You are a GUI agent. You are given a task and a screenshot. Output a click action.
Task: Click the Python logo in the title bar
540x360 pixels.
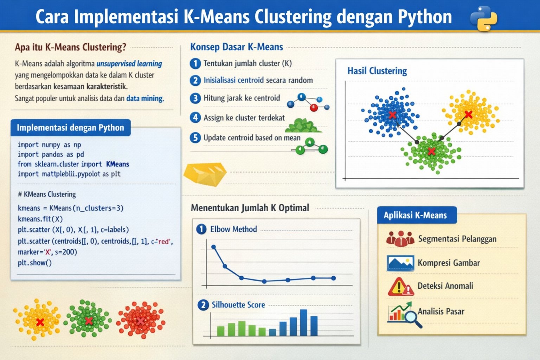tap(484, 18)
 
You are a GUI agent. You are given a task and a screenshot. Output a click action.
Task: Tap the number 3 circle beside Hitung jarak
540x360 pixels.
tap(195, 98)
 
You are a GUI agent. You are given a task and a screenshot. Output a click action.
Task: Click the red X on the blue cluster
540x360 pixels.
tap(392, 115)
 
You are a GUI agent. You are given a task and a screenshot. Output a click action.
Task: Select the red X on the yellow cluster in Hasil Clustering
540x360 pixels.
tap(468, 114)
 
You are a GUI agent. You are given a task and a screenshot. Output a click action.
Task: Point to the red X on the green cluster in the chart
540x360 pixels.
tap(431, 151)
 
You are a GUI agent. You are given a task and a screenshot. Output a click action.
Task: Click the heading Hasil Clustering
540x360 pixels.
tap(377, 71)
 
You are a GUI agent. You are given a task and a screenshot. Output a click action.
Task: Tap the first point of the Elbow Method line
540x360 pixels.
tap(213, 247)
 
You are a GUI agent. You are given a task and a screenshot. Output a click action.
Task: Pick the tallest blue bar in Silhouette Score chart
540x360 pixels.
tap(303, 322)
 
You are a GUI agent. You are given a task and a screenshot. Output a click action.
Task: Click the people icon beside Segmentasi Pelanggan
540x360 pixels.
tap(400, 239)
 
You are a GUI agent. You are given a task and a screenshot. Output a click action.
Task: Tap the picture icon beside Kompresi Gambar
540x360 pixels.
tap(400, 263)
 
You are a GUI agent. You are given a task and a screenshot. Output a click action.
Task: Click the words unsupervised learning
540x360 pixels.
tap(129, 64)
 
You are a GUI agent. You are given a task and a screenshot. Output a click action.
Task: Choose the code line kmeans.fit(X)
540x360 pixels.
tap(40, 219)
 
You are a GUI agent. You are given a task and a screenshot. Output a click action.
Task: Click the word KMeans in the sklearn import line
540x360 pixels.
tap(117, 164)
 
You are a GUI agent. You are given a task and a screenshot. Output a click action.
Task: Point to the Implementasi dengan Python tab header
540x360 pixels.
tap(70, 128)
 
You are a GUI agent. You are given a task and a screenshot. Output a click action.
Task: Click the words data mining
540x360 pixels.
tap(145, 98)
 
